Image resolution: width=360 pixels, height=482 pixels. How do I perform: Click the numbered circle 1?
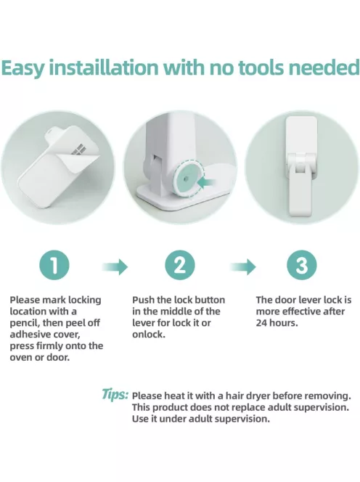click(54, 265)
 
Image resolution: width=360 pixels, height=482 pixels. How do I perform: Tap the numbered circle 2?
click(180, 265)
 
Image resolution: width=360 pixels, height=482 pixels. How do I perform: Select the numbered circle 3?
click(302, 265)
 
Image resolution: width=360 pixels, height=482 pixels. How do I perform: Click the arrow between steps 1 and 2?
click(115, 266)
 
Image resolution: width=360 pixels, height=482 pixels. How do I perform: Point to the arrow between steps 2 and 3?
click(243, 266)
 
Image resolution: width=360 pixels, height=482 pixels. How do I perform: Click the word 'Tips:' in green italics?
click(115, 394)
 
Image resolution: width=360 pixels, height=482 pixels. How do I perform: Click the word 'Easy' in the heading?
click(23, 69)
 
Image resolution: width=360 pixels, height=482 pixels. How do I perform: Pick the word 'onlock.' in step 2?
click(149, 335)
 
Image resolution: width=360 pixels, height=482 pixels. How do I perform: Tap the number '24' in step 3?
click(262, 323)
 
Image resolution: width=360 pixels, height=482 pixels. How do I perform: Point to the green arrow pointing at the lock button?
click(205, 183)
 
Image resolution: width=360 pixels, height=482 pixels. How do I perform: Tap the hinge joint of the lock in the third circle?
click(301, 162)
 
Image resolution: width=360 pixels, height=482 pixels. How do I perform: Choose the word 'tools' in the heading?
click(261, 68)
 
